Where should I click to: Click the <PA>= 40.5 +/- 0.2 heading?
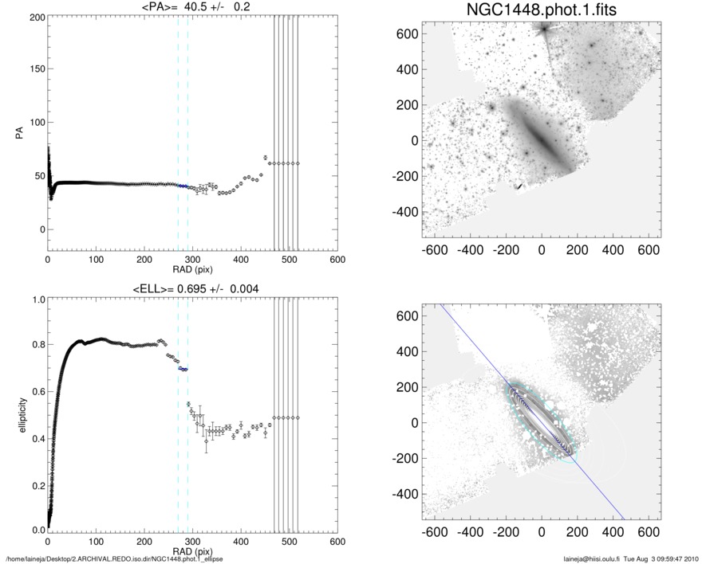[192, 6]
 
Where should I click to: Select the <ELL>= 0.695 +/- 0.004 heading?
[192, 288]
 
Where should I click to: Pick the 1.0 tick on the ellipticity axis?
[37, 300]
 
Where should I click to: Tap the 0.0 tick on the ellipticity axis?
[37, 530]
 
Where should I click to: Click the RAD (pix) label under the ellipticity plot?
[192, 550]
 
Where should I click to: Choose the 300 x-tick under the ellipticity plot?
[192, 540]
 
